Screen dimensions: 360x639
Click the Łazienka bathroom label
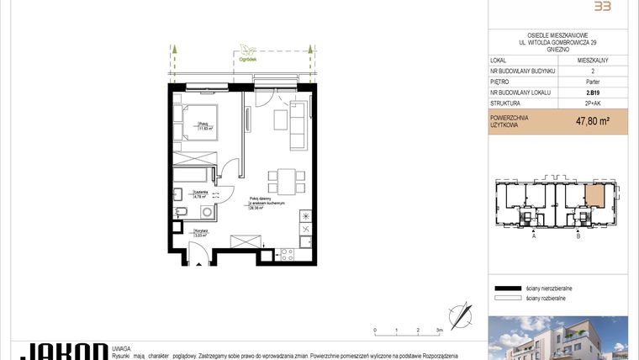pos(200,193)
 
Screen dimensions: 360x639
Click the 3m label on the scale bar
pos(439,331)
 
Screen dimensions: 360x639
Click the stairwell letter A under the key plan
pos(534,237)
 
